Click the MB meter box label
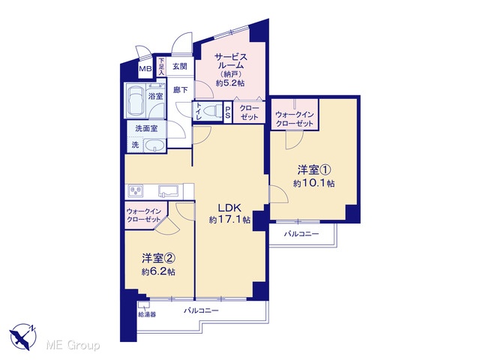(145, 68)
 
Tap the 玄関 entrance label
(180, 66)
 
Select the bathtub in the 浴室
(136, 100)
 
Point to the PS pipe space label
(228, 112)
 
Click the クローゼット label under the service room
(249, 112)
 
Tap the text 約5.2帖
(230, 82)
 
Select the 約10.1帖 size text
(313, 183)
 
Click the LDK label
(229, 208)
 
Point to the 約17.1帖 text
(229, 220)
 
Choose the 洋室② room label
(158, 258)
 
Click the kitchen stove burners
(135, 191)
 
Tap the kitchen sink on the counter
(168, 190)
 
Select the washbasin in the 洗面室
(154, 145)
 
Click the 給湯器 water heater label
(147, 314)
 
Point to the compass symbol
(23, 337)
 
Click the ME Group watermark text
(73, 345)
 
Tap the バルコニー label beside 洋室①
(301, 234)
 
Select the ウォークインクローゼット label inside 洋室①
(295, 118)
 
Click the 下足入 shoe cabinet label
(161, 67)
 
